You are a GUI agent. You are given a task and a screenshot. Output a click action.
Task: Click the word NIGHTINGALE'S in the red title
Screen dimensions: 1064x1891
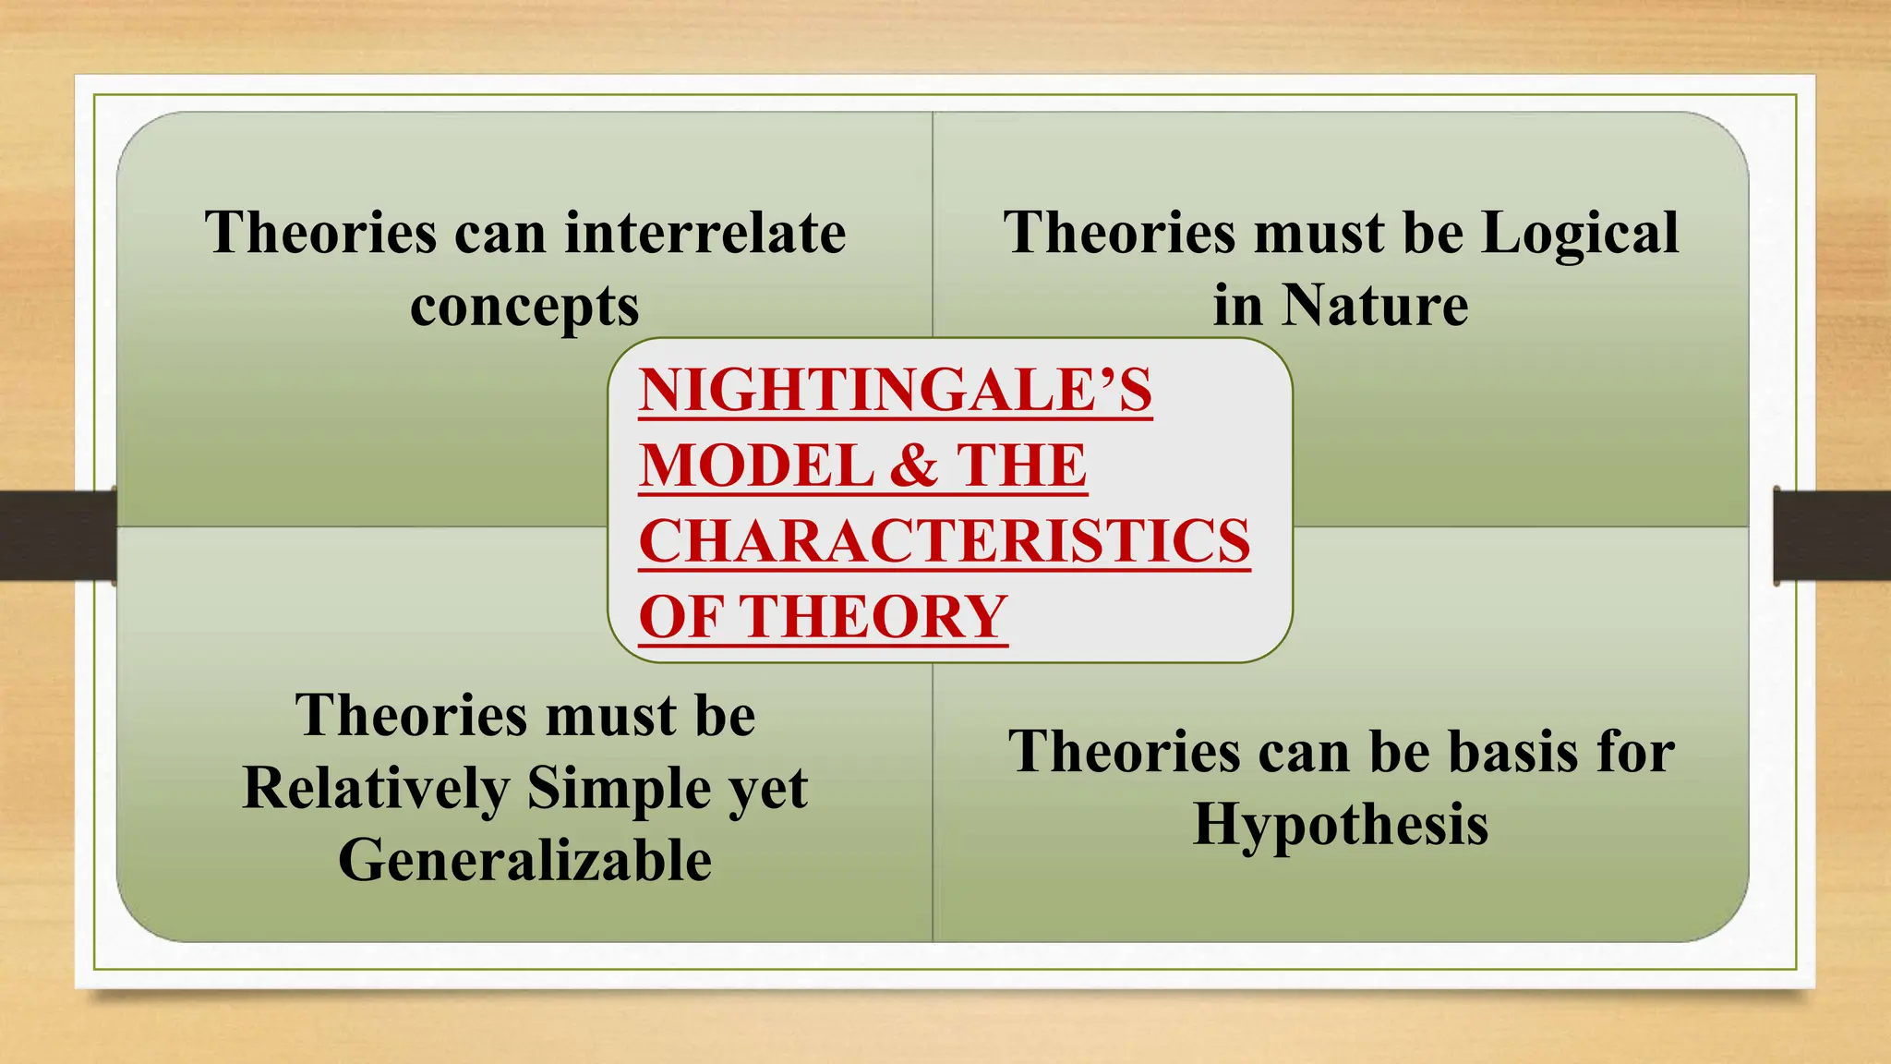tap(895, 390)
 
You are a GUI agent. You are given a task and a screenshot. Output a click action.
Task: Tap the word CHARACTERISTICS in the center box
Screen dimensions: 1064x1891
tap(944, 541)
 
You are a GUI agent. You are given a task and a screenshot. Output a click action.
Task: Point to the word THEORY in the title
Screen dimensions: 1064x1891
tap(875, 617)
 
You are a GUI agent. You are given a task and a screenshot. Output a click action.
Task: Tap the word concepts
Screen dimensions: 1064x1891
tap(524, 306)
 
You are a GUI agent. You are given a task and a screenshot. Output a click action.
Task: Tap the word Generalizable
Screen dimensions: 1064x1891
tap(524, 861)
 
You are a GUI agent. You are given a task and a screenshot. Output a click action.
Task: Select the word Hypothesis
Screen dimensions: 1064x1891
tap(1341, 824)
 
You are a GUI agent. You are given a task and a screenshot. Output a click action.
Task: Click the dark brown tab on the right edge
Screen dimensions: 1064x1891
tap(1832, 536)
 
